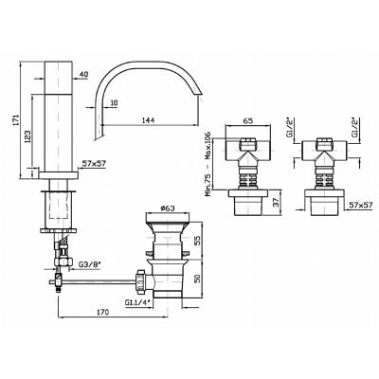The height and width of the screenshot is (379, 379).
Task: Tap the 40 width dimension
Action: point(83,75)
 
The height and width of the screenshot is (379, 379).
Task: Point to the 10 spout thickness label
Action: point(114,103)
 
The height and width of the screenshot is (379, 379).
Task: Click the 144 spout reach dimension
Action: point(148,120)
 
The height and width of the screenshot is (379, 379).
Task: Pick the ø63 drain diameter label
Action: point(168,208)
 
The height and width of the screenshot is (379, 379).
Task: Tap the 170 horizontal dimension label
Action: point(102,312)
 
